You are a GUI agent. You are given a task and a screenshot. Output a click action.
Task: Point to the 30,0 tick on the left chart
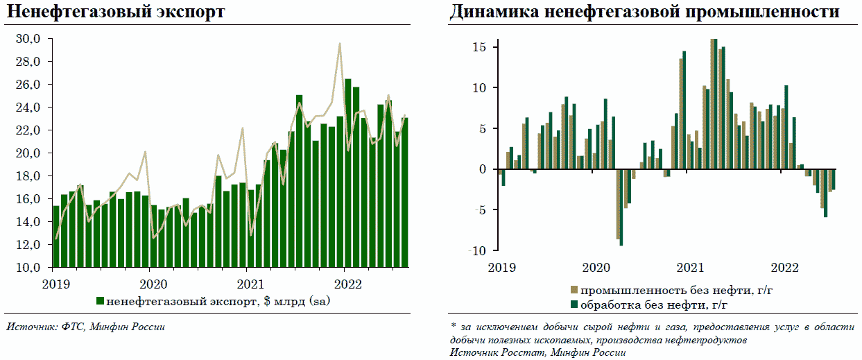point(31,39)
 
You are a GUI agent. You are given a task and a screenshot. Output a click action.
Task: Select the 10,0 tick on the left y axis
point(31,268)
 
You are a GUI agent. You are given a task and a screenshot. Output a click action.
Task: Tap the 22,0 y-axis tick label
point(31,130)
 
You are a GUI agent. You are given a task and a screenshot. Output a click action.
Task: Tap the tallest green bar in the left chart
point(347,173)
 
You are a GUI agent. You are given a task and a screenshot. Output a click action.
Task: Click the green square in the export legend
point(100,301)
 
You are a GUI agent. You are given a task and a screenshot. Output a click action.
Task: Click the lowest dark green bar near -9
point(621,207)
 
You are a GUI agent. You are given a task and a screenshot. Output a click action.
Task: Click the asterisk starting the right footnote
point(452,325)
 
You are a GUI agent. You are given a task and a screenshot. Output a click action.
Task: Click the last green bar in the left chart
point(404,193)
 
